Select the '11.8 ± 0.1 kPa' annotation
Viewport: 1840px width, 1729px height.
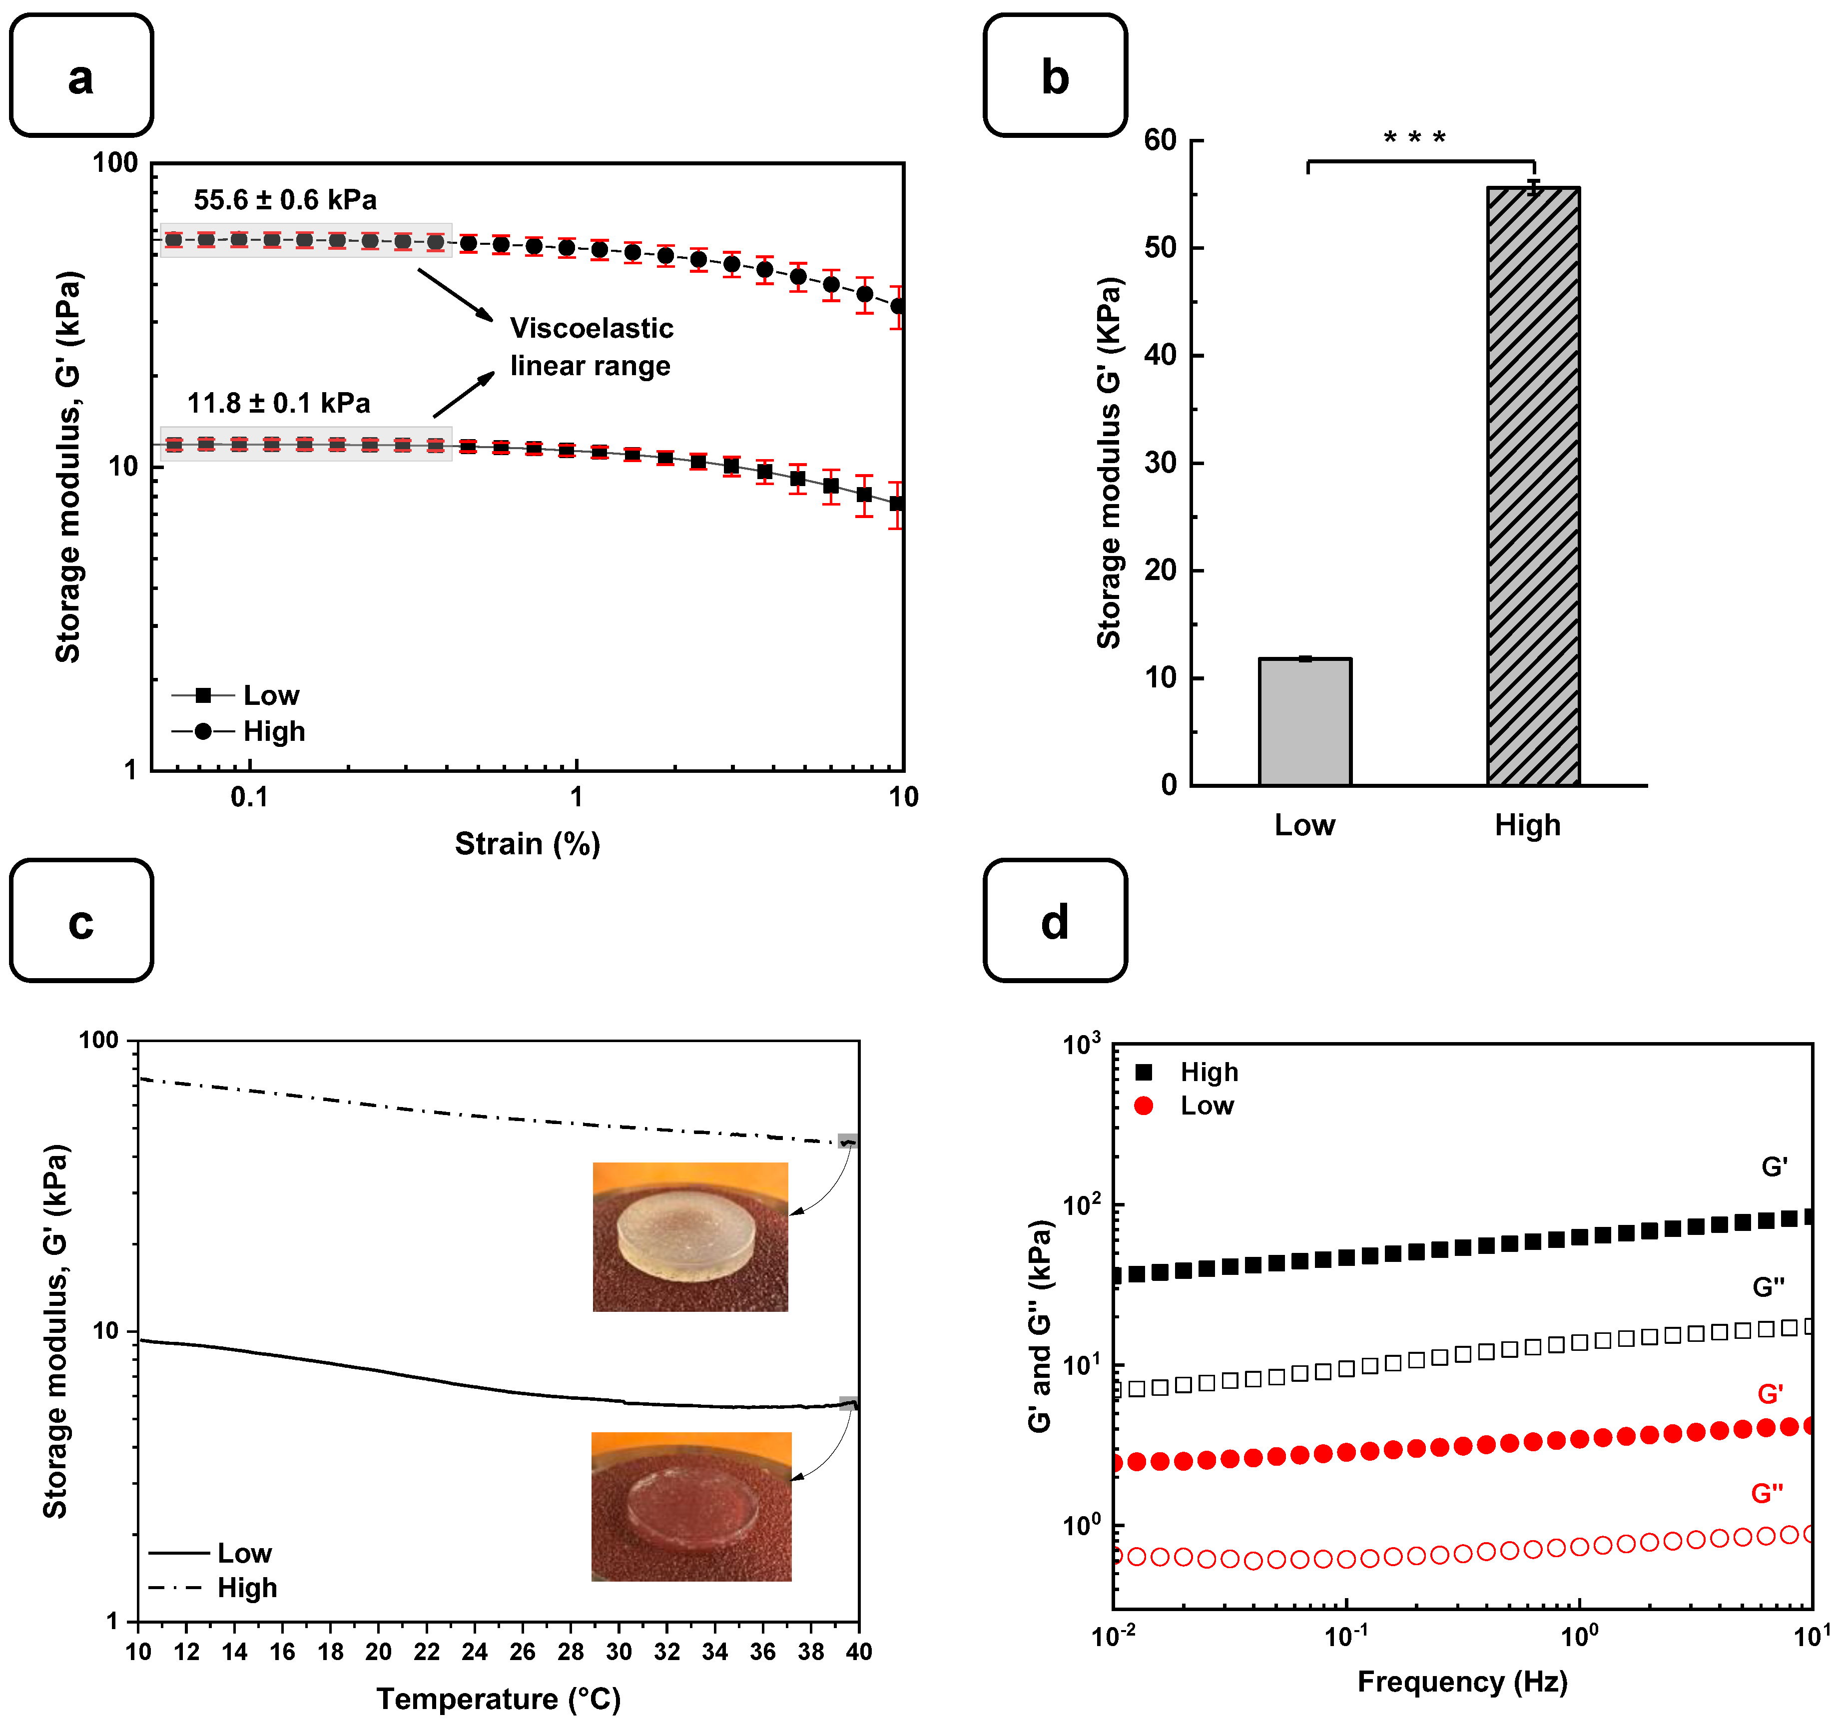[279, 404]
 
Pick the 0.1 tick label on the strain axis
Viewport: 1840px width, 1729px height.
[249, 797]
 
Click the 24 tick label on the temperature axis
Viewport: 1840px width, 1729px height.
[474, 1651]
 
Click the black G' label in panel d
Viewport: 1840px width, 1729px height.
[1774, 1167]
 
